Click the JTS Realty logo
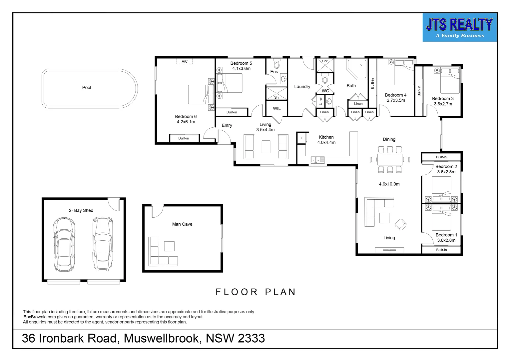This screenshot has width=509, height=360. pyautogui.click(x=459, y=28)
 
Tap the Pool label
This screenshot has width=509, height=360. pyautogui.click(x=87, y=88)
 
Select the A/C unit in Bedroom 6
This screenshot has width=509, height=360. pyautogui.click(x=185, y=61)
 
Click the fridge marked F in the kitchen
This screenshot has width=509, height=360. pyautogui.click(x=301, y=138)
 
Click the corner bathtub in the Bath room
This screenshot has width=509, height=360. pyautogui.click(x=356, y=69)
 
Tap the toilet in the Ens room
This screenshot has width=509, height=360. pyautogui.click(x=276, y=64)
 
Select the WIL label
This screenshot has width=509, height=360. pyautogui.click(x=276, y=108)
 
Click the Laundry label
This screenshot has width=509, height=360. pyautogui.click(x=302, y=87)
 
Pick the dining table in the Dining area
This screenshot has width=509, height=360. pyautogui.click(x=390, y=159)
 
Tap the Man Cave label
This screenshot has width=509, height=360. pyautogui.click(x=182, y=224)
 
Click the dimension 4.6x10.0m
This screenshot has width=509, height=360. pyautogui.click(x=389, y=184)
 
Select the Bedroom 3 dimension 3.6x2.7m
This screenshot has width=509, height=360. pyautogui.click(x=443, y=104)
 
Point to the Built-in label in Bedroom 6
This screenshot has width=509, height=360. pyautogui.click(x=184, y=138)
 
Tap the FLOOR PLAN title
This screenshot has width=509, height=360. pyautogui.click(x=255, y=292)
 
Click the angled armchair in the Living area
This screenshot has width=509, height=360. pyautogui.click(x=401, y=225)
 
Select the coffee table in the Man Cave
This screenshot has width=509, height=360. pyautogui.click(x=169, y=246)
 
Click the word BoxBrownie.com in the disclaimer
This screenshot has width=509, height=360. pyautogui.click(x=40, y=317)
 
